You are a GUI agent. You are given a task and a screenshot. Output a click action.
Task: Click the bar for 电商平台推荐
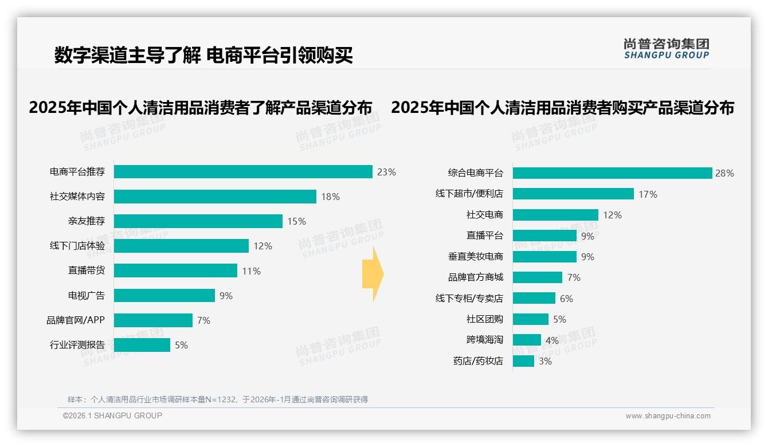point(243,172)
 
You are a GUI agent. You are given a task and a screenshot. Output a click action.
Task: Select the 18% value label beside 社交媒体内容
point(330,197)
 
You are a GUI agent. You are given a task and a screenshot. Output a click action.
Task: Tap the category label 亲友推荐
point(87,221)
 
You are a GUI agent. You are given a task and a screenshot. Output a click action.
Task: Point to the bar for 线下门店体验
point(181,246)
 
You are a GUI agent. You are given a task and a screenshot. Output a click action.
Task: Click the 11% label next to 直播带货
point(251,271)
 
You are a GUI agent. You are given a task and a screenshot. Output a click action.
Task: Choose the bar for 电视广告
point(164,296)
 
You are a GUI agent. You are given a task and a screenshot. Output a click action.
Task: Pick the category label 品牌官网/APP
point(76,320)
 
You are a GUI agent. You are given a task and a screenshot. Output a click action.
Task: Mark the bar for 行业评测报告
point(142,345)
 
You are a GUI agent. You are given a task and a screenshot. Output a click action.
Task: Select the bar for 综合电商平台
point(612,173)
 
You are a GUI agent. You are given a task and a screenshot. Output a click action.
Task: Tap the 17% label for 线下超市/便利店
point(648,194)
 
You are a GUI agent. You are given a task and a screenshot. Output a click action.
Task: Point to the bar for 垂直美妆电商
point(544,257)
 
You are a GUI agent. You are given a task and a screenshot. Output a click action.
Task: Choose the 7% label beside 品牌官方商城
point(574,277)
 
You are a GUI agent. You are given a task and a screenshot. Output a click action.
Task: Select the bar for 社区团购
point(530,319)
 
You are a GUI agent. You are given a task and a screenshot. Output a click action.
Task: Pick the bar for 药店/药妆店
point(523,361)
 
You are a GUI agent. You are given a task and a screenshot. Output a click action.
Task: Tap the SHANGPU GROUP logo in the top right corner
point(666,49)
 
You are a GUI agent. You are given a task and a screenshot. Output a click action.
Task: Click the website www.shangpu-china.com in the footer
point(668,416)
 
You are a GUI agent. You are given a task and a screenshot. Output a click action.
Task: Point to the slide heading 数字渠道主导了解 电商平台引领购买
point(203,55)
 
